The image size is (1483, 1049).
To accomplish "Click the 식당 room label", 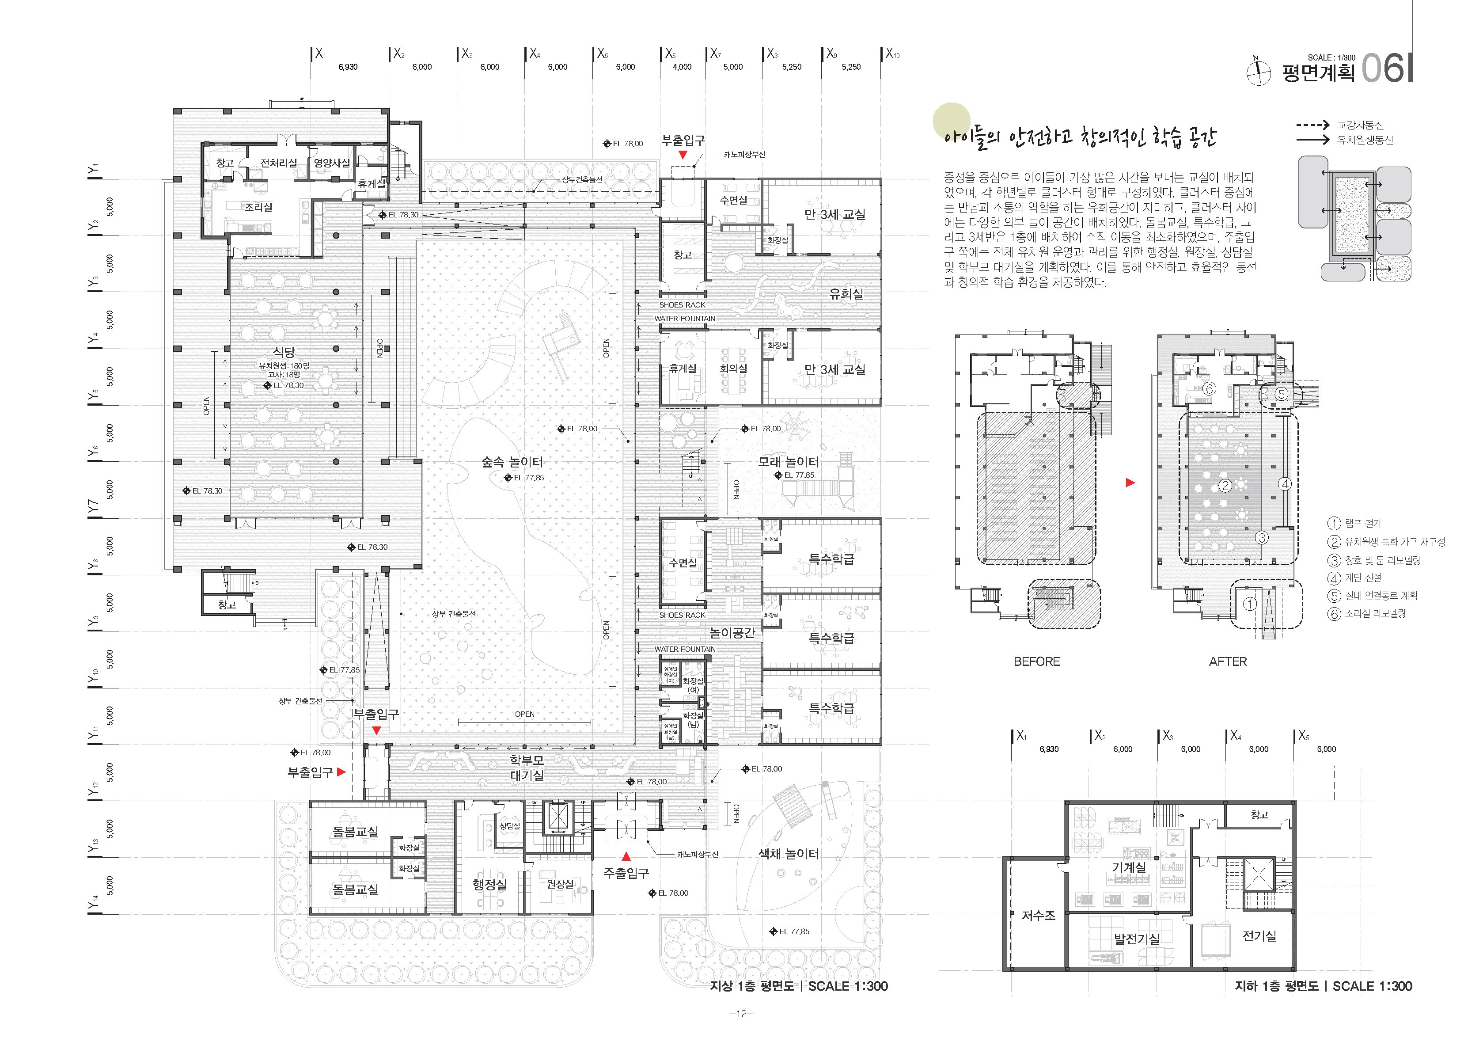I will pos(284,352).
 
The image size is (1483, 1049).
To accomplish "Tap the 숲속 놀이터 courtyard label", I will pos(512,462).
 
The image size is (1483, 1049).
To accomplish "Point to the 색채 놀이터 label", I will pos(788,854).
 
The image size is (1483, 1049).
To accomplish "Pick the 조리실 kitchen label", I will pos(258,207).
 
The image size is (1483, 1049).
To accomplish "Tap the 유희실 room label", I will pos(846,294).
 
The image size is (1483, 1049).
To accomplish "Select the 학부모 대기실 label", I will pos(527,769).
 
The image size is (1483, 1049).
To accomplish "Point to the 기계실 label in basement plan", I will pos(1129,867).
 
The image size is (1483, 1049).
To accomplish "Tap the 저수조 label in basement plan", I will pos(1038,916).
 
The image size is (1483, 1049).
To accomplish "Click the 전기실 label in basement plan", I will pos(1259,935).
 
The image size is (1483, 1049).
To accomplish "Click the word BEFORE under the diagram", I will pos(1037,661).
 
